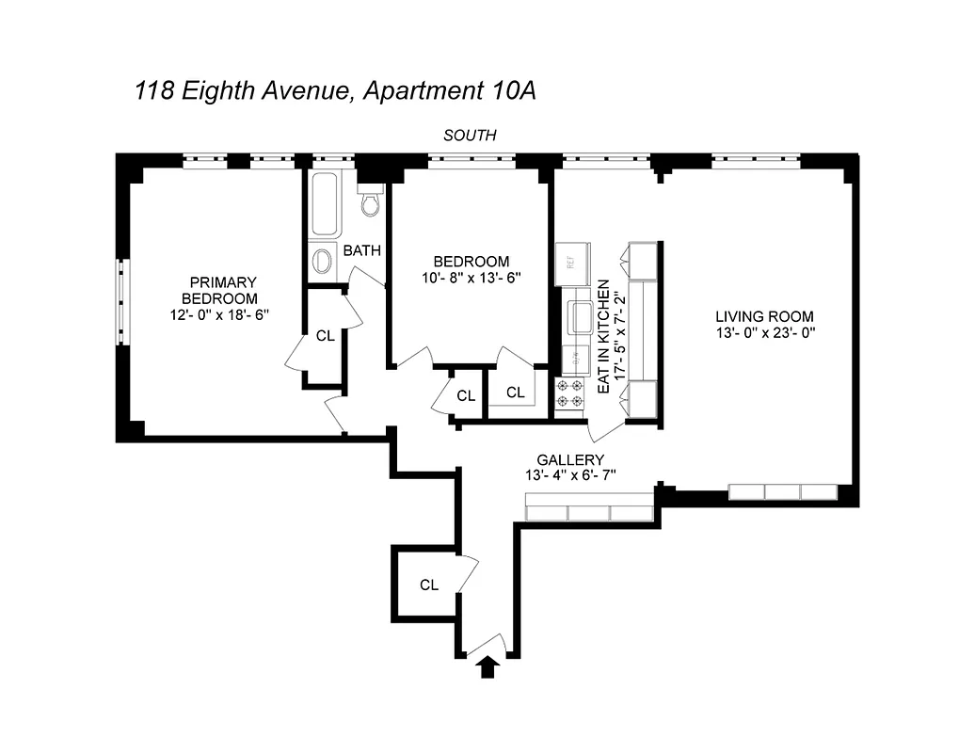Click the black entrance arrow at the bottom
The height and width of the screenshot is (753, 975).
pyautogui.click(x=487, y=667)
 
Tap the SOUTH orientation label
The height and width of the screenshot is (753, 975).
pyautogui.click(x=470, y=136)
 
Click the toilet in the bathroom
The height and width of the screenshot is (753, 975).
pyautogui.click(x=372, y=202)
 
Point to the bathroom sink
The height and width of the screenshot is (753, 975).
pyautogui.click(x=323, y=260)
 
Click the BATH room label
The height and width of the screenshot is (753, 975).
pyautogui.click(x=361, y=251)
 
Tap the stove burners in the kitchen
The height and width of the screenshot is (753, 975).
pyautogui.click(x=571, y=393)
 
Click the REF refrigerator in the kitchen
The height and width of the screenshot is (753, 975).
pyautogui.click(x=571, y=264)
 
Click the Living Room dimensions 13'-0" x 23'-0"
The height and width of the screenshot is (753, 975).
pyautogui.click(x=764, y=332)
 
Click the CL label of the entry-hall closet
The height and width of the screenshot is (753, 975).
pyautogui.click(x=429, y=585)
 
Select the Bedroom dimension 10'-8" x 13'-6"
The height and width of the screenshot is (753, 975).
pyautogui.click(x=471, y=278)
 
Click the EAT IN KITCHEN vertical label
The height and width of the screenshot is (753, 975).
pyautogui.click(x=603, y=336)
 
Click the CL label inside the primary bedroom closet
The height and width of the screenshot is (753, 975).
pyautogui.click(x=325, y=335)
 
